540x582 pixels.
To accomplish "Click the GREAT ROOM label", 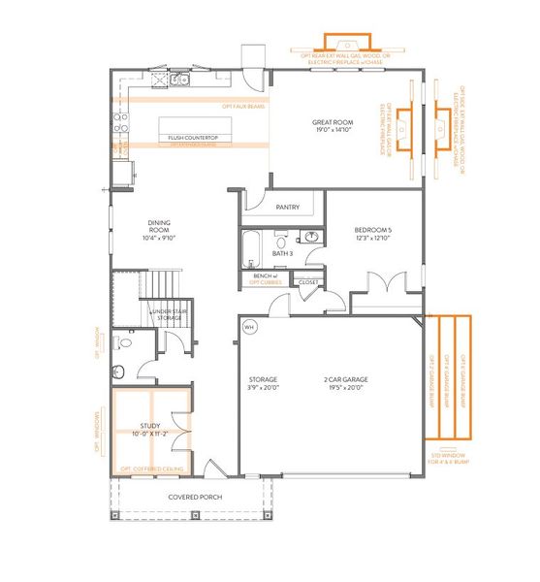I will coord(331,126).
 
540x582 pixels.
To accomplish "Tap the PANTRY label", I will coord(287,207).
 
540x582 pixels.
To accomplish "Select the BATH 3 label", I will coord(282,253).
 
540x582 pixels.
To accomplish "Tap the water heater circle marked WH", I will coord(248,326).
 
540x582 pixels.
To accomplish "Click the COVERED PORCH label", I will coord(195,497).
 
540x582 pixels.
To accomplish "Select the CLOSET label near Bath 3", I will coord(308,282).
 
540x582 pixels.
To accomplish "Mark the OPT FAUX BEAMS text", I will coord(243,106).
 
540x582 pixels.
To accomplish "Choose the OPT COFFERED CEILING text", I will coord(152,469).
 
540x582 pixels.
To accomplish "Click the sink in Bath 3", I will coord(311,238).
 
